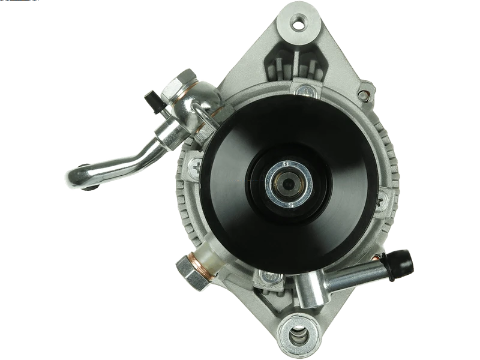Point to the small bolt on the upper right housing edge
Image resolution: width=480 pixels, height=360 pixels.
tap(362, 95)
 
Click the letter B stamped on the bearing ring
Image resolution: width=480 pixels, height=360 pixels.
tap(287, 163)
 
